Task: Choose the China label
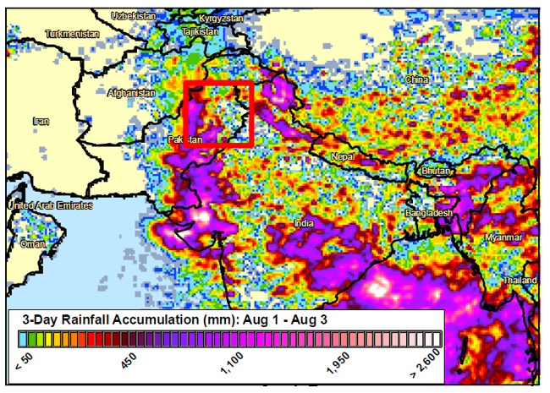coord(417,79)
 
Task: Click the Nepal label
coord(343,157)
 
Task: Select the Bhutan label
coord(437,170)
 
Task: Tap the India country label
coord(303,224)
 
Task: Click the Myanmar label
coord(504,237)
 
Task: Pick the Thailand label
coord(519,280)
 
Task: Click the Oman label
coord(33,243)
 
